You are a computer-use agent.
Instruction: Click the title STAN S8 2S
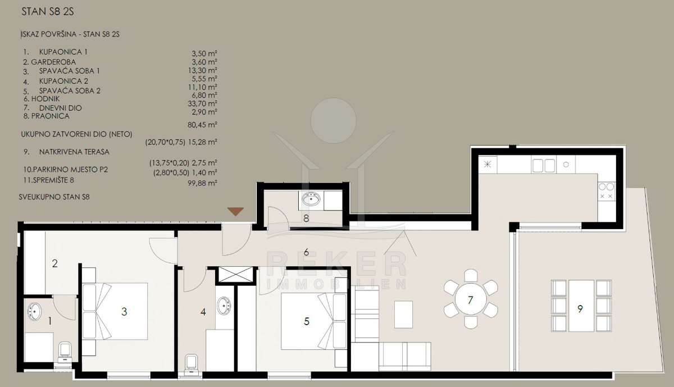[48, 12]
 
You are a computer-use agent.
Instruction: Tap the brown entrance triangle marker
[235, 212]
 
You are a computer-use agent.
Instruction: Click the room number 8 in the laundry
[306, 218]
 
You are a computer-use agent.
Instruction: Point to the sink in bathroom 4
[224, 306]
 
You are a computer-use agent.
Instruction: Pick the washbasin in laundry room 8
[311, 199]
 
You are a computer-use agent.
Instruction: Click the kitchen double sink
[544, 166]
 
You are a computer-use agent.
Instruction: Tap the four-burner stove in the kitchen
[606, 192]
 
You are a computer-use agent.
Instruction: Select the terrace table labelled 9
[581, 306]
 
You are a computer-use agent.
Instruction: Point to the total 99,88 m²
[202, 183]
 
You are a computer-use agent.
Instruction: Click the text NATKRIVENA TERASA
[74, 152]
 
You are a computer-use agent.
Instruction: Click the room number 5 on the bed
[306, 321]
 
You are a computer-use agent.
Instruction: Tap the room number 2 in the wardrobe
[54, 263]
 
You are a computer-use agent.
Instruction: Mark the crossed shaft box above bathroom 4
[236, 275]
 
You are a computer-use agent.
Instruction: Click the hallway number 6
[306, 252]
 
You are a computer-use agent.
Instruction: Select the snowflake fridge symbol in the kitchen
[487, 165]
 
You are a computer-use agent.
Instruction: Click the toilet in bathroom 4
[192, 365]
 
